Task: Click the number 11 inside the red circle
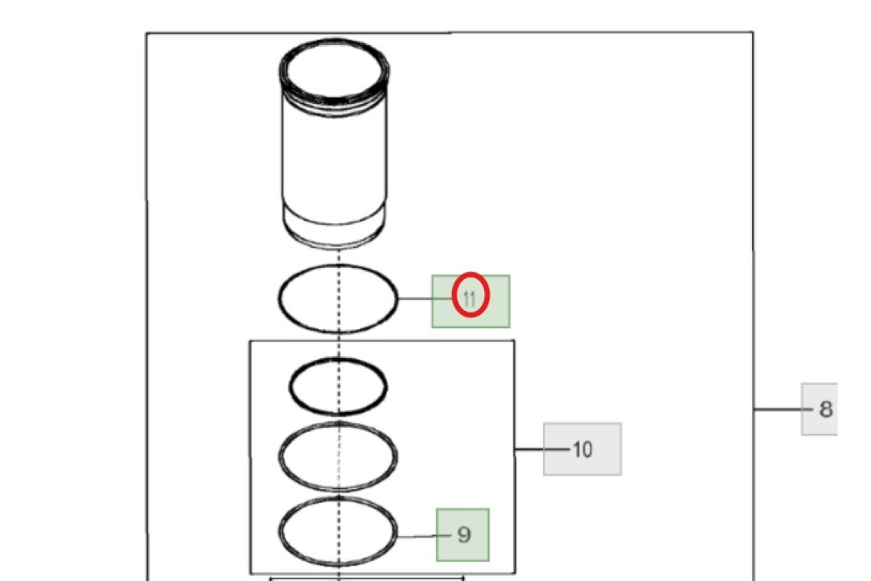pyautogui.click(x=470, y=299)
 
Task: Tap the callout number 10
pyautogui.click(x=582, y=450)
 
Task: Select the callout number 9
pyautogui.click(x=464, y=535)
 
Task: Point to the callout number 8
pyautogui.click(x=826, y=409)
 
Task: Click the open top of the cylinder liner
pyautogui.click(x=335, y=69)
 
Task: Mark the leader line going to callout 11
pyautogui.click(x=426, y=299)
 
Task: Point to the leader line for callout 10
pyautogui.click(x=542, y=450)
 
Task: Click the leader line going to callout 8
pyautogui.click(x=783, y=410)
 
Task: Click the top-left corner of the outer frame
pyautogui.click(x=147, y=34)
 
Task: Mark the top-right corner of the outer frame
pyautogui.click(x=753, y=32)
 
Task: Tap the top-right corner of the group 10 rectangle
pyautogui.click(x=515, y=341)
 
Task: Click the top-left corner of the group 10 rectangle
pyautogui.click(x=250, y=341)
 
